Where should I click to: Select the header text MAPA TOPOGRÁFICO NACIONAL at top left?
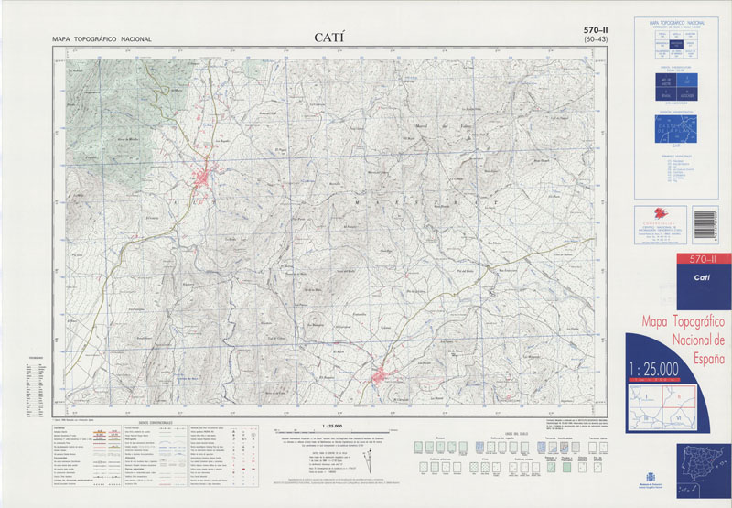tap(102, 39)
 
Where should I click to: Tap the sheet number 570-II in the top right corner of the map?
tap(597, 31)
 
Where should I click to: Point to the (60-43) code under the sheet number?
tap(597, 41)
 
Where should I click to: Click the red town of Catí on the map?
tap(203, 178)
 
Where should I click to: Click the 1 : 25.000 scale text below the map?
tap(335, 427)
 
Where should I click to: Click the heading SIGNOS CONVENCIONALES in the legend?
tap(154, 423)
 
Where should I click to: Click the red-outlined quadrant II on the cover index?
tap(682, 396)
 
